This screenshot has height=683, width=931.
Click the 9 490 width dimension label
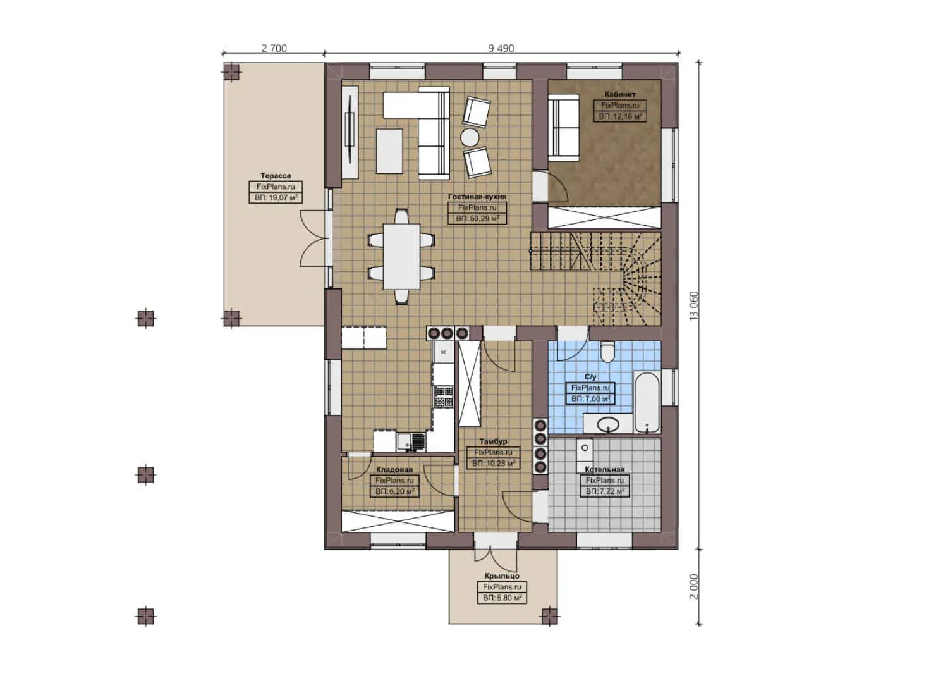(501, 48)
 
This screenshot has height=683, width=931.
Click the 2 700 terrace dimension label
(274, 48)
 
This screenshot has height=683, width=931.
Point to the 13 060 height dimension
(694, 305)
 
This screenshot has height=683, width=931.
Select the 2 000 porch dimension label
(694, 586)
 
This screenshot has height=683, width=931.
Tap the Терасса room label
(276, 176)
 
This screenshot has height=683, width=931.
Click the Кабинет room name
(620, 94)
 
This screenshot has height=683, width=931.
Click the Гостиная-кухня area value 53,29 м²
(477, 219)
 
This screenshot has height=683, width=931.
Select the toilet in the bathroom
(607, 352)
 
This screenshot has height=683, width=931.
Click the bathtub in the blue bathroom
(647, 402)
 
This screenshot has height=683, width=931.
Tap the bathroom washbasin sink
(607, 424)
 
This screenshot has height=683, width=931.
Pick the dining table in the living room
(401, 256)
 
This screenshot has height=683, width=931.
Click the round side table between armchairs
(470, 137)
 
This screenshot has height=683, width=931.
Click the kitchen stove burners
(444, 397)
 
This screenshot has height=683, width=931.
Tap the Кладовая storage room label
(394, 470)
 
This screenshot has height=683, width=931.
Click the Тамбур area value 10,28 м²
(493, 464)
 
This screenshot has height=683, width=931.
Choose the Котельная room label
(605, 470)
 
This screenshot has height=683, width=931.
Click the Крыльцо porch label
(502, 576)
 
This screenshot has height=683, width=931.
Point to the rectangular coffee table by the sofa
(389, 151)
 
